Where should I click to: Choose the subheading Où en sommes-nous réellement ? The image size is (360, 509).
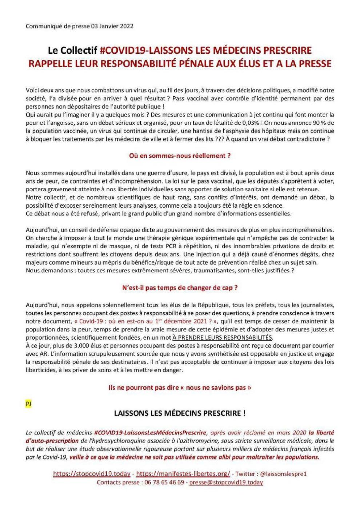[x=180, y=156]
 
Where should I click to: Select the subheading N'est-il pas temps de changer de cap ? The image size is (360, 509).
[x=180, y=287]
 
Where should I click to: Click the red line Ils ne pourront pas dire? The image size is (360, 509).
[x=180, y=388]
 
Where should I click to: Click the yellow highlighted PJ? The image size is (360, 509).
[x=28, y=404]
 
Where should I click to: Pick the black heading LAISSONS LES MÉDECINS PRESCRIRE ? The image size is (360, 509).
[x=180, y=413]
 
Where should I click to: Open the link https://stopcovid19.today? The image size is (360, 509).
[x=92, y=474]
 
